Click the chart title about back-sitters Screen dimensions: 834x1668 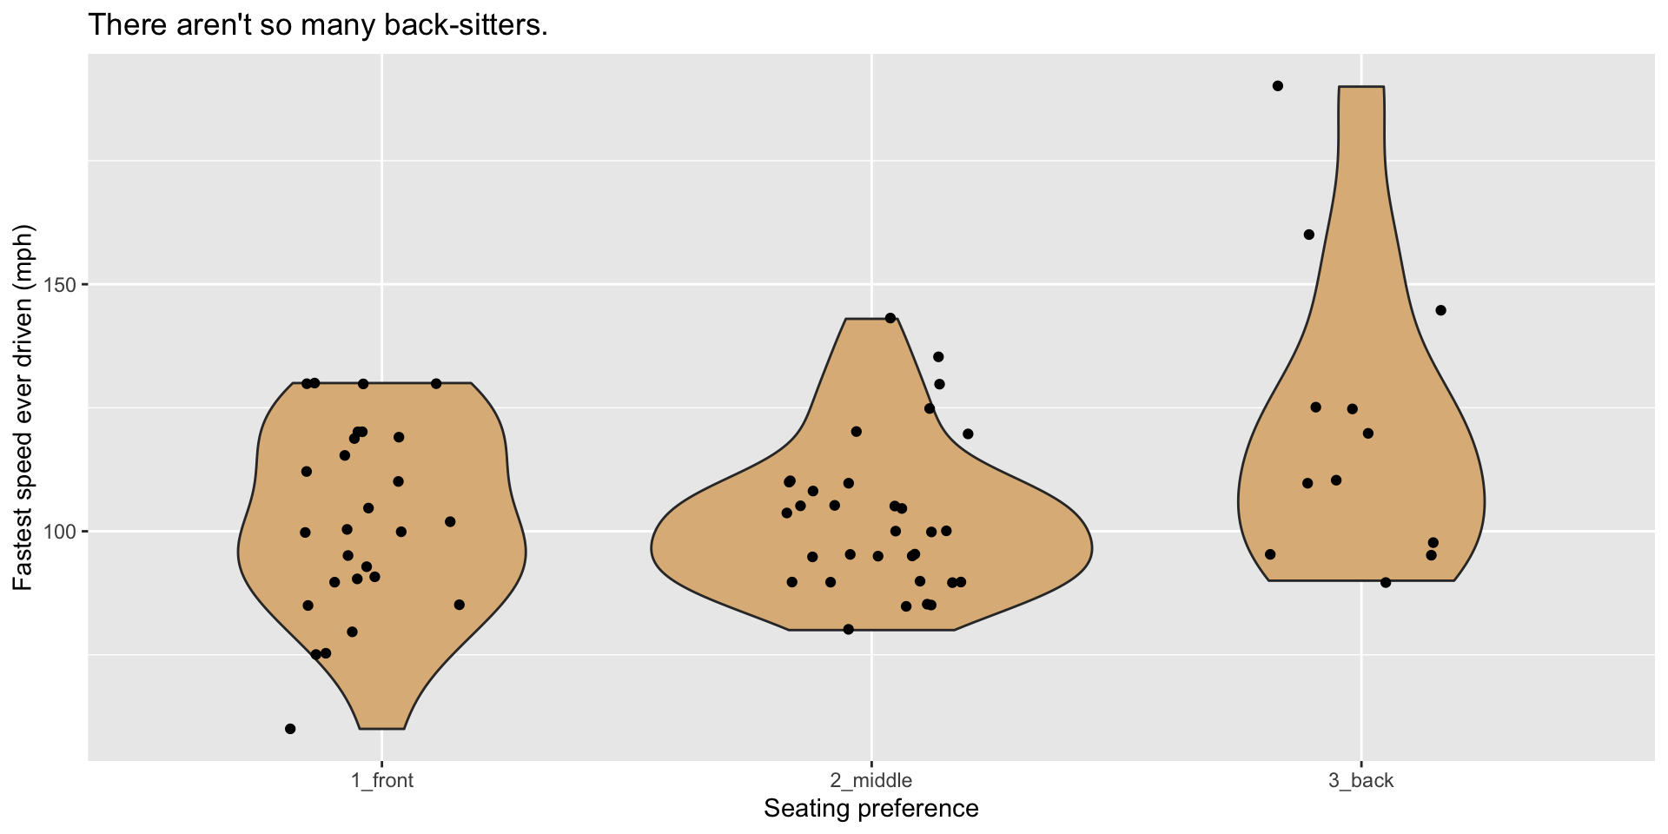pyautogui.click(x=318, y=25)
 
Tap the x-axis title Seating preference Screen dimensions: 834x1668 pyautogui.click(x=870, y=809)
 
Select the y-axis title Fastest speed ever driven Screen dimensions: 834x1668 pyautogui.click(x=23, y=407)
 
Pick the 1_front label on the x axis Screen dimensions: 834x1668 pyautogui.click(x=382, y=780)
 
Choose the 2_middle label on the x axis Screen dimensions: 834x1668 pyautogui.click(x=871, y=780)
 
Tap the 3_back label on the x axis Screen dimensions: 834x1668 pyautogui.click(x=1360, y=780)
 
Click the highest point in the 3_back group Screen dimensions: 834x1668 pyautogui.click(x=1278, y=86)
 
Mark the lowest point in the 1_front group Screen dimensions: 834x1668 pyautogui.click(x=290, y=729)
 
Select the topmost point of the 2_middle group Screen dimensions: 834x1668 pyautogui.click(x=890, y=318)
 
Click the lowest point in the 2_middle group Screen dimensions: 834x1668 pyautogui.click(x=849, y=629)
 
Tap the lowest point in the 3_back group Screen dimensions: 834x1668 pyautogui.click(x=1386, y=582)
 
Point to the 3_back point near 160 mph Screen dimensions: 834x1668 pyautogui.click(x=1309, y=235)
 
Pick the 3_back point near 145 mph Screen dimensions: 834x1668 pyautogui.click(x=1441, y=310)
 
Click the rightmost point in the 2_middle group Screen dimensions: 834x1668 pyautogui.click(x=969, y=434)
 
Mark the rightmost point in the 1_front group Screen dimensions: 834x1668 pyautogui.click(x=460, y=605)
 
